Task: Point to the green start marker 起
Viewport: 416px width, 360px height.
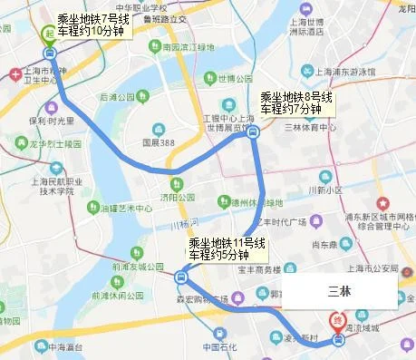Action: point(48,31)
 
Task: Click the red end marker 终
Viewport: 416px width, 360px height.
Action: point(337,319)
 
